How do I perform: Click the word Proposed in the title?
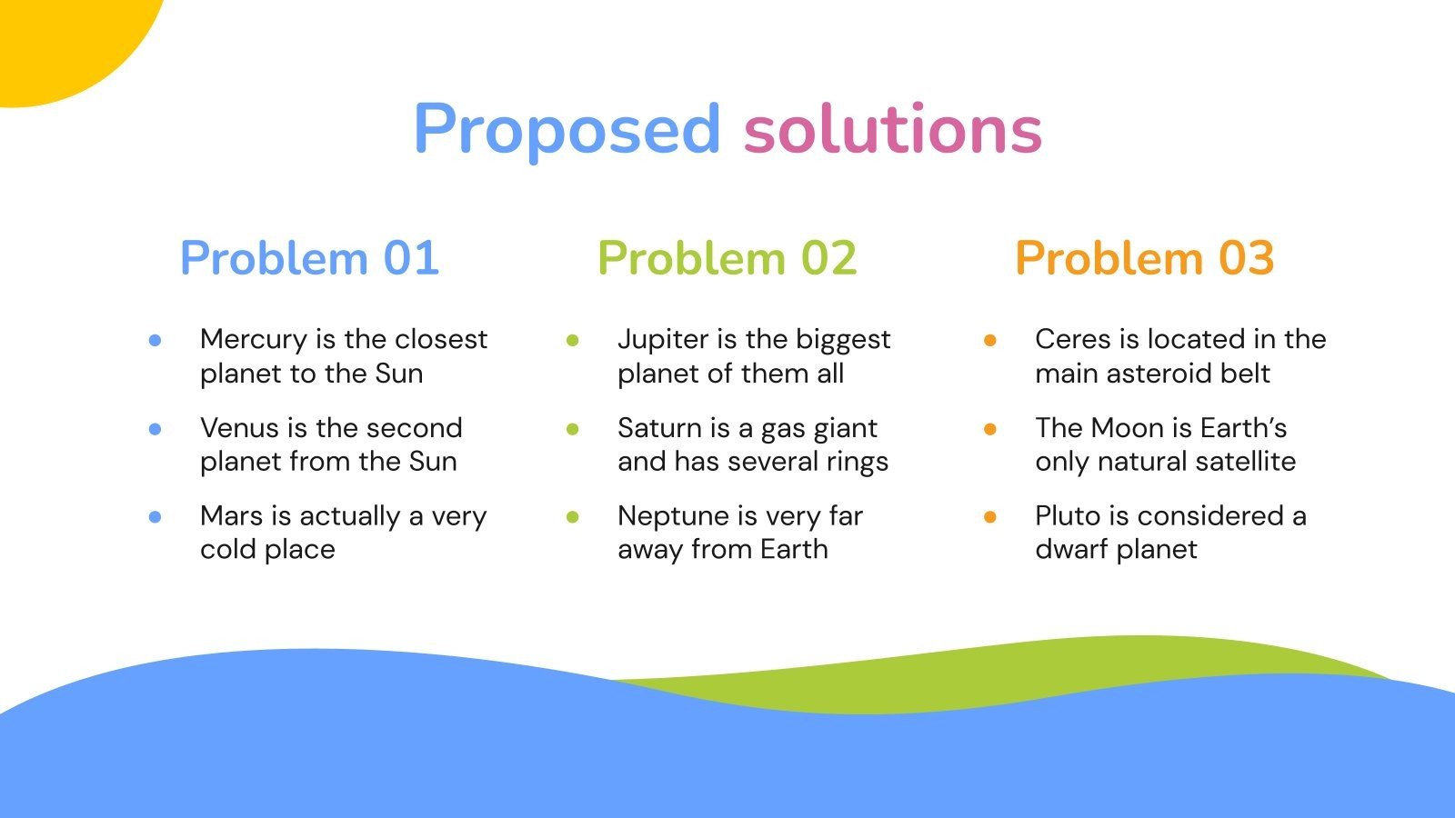567,129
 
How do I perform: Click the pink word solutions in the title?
892,129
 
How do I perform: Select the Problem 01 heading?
309,258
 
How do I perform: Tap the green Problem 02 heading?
727,258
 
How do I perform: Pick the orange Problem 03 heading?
1144,258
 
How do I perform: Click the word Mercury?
254,340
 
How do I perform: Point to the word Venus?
239,428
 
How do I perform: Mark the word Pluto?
1069,516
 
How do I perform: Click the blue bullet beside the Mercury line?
156,340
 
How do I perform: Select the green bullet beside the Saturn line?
573,428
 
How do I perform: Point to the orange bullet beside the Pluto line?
990,516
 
